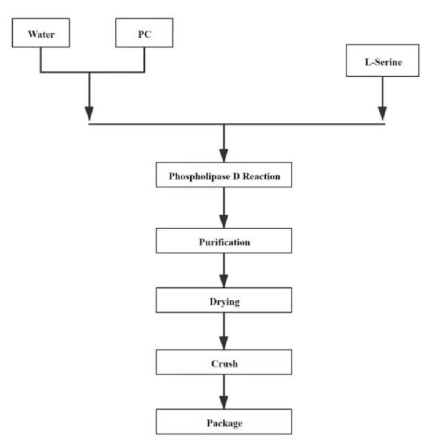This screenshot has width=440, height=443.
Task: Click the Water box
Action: click(x=41, y=33)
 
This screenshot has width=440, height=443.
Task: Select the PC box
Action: click(x=144, y=33)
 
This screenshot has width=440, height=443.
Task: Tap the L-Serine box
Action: click(x=383, y=61)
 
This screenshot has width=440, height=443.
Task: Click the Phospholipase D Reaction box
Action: click(x=224, y=175)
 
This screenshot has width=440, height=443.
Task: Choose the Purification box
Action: click(x=224, y=241)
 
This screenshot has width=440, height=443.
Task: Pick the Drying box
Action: click(x=224, y=300)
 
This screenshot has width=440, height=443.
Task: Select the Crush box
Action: click(x=224, y=362)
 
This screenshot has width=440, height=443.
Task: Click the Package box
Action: click(x=224, y=421)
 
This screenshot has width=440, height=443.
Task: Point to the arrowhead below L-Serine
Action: click(x=383, y=113)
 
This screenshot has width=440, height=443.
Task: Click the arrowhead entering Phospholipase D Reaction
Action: click(x=224, y=155)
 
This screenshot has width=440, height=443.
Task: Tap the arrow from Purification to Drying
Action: click(x=224, y=270)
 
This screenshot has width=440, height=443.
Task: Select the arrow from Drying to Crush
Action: click(x=224, y=331)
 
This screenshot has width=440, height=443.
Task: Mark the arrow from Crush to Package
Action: click(x=224, y=392)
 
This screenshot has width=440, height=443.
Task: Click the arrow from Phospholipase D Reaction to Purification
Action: click(x=224, y=208)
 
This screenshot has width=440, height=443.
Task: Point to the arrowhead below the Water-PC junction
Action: click(x=89, y=113)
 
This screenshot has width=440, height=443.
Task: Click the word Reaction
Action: click(x=262, y=177)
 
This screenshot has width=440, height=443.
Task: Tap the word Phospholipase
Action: click(x=199, y=177)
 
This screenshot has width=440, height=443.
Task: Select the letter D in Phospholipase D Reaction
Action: click(x=236, y=177)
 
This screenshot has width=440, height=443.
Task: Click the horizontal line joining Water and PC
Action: click(x=92, y=72)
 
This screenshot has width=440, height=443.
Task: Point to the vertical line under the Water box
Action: click(x=41, y=60)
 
